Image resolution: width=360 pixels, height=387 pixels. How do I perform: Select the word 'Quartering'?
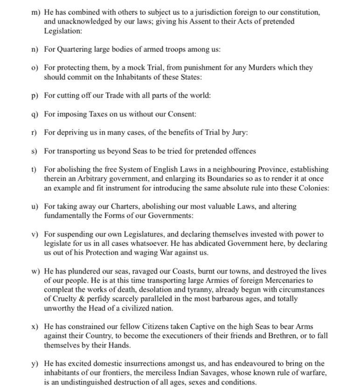coord(75,49)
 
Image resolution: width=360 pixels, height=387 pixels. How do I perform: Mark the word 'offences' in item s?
coord(242,151)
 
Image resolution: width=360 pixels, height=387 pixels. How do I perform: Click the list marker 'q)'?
coord(35,114)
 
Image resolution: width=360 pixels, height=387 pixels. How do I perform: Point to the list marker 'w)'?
coord(35,271)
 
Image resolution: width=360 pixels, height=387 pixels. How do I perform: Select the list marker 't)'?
coord(34,169)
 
